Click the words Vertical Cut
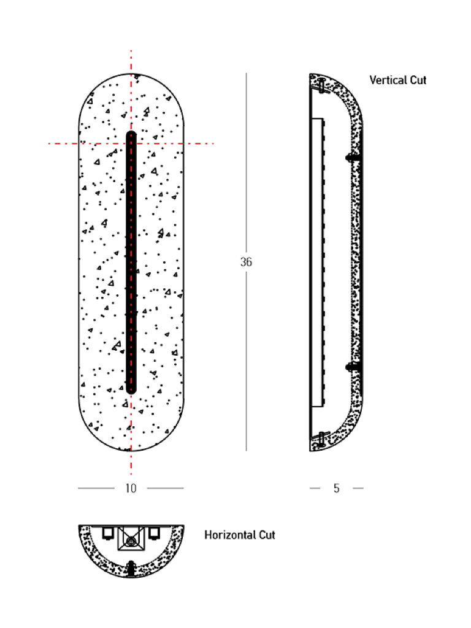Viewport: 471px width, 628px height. [397, 80]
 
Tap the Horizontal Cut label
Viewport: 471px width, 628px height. [240, 535]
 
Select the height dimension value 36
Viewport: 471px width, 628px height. [246, 262]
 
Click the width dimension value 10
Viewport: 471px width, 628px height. [131, 488]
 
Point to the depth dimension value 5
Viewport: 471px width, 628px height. [337, 488]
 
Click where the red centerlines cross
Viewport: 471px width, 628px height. [131, 144]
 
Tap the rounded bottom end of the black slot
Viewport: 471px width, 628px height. [131, 391]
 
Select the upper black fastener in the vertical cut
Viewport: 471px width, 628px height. [353, 158]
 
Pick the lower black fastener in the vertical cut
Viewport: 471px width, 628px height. [353, 367]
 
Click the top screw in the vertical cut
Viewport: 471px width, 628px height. [322, 86]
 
